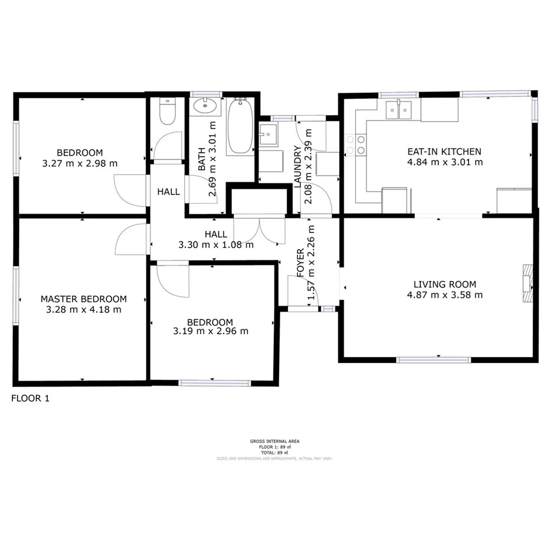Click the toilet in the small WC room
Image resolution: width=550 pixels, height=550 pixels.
click(x=168, y=112)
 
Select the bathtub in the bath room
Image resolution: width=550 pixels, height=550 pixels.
click(x=240, y=127)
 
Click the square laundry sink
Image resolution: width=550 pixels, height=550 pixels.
click(x=269, y=135)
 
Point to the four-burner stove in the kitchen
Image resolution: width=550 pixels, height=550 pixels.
click(x=355, y=145)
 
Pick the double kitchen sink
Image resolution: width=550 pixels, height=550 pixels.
click(x=399, y=110)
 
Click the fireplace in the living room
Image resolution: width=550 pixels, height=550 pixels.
click(x=527, y=283)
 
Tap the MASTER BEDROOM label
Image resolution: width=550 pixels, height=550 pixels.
click(x=83, y=299)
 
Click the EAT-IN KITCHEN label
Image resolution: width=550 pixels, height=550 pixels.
click(x=445, y=151)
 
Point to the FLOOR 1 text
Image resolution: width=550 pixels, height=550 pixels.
click(x=31, y=398)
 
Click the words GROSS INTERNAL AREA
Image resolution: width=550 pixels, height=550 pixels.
click(x=274, y=441)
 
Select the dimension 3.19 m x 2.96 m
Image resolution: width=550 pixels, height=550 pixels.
click(x=211, y=332)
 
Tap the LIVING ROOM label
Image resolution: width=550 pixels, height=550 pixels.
click(x=444, y=284)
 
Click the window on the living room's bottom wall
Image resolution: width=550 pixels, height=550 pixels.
click(x=434, y=359)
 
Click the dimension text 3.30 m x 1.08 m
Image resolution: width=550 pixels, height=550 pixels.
click(x=216, y=244)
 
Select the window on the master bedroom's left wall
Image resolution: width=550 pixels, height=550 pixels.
click(x=16, y=296)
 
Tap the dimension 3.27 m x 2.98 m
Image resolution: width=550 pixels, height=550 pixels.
click(x=80, y=163)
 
